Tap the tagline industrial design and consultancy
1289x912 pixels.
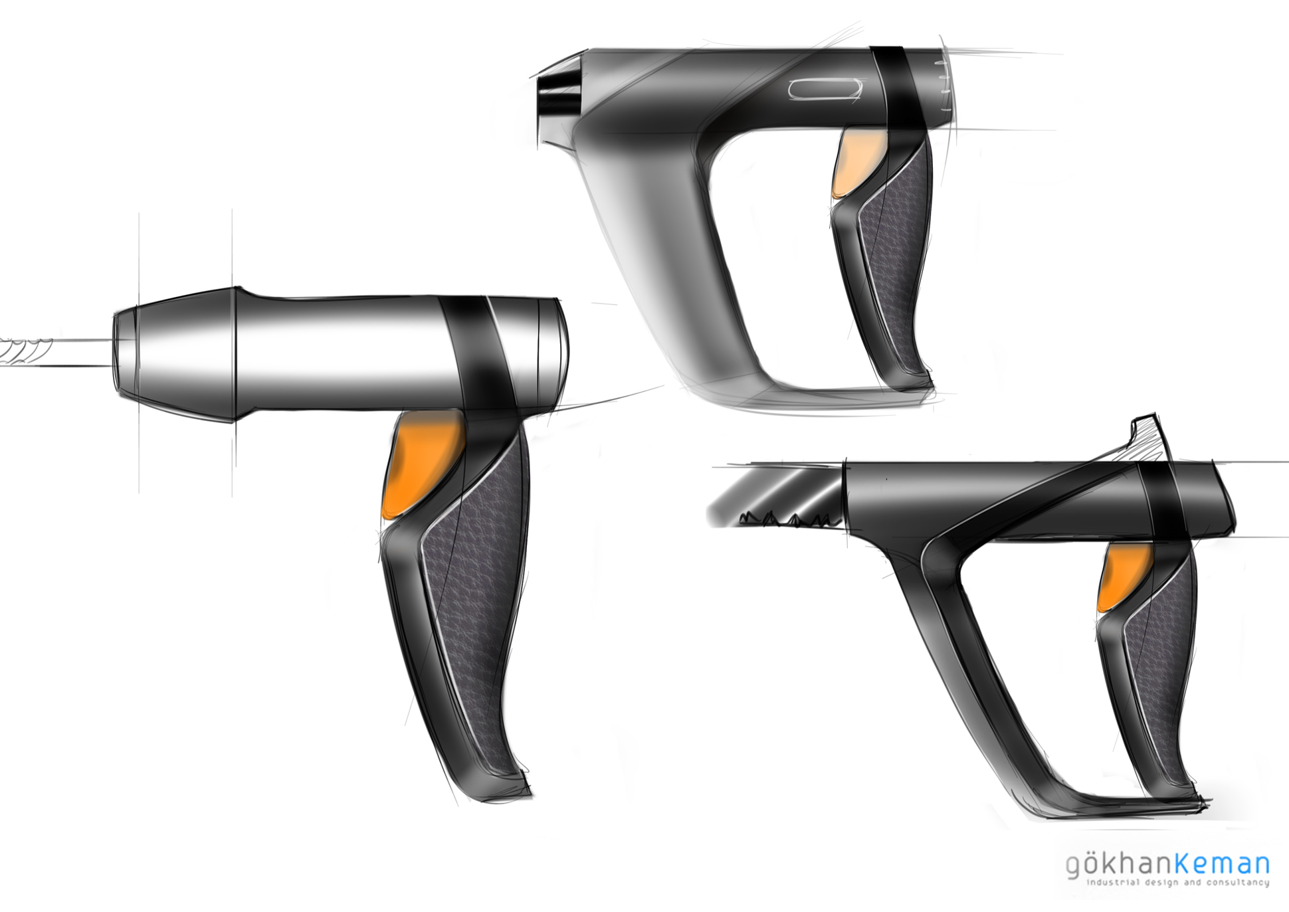1177,883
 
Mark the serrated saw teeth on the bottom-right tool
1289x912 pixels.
787,518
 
